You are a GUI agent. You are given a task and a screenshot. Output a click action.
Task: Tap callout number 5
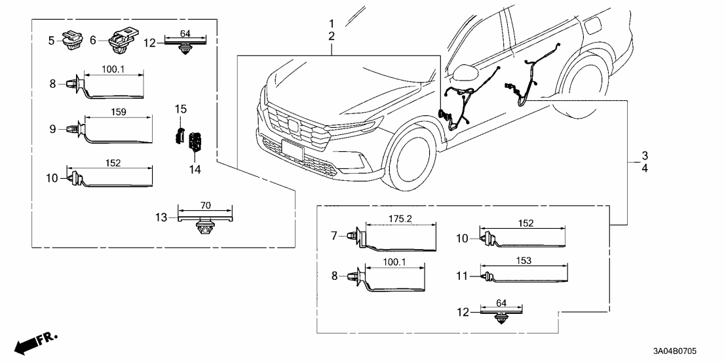point(51,41)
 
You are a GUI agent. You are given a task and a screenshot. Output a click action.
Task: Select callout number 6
point(93,41)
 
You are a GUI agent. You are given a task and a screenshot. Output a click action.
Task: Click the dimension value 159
point(119,113)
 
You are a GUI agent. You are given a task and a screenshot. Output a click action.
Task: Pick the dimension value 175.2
point(400,220)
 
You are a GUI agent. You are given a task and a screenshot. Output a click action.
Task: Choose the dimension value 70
point(205,205)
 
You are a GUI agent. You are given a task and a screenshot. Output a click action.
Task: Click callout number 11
point(463,277)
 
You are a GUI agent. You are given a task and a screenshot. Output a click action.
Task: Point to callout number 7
point(334,235)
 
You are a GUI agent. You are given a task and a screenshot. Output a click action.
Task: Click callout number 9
point(54,130)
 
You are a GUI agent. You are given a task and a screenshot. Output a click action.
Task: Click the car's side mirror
point(466,71)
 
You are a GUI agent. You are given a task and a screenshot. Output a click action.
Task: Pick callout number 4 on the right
point(645,168)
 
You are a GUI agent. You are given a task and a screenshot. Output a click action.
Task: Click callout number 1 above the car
point(332,23)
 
